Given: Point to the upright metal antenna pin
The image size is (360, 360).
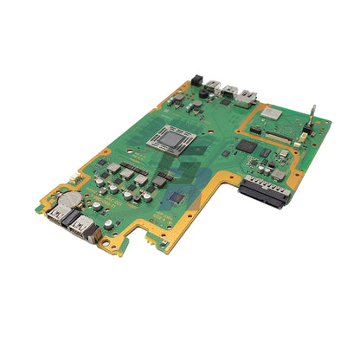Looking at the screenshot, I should pos(312,113).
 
